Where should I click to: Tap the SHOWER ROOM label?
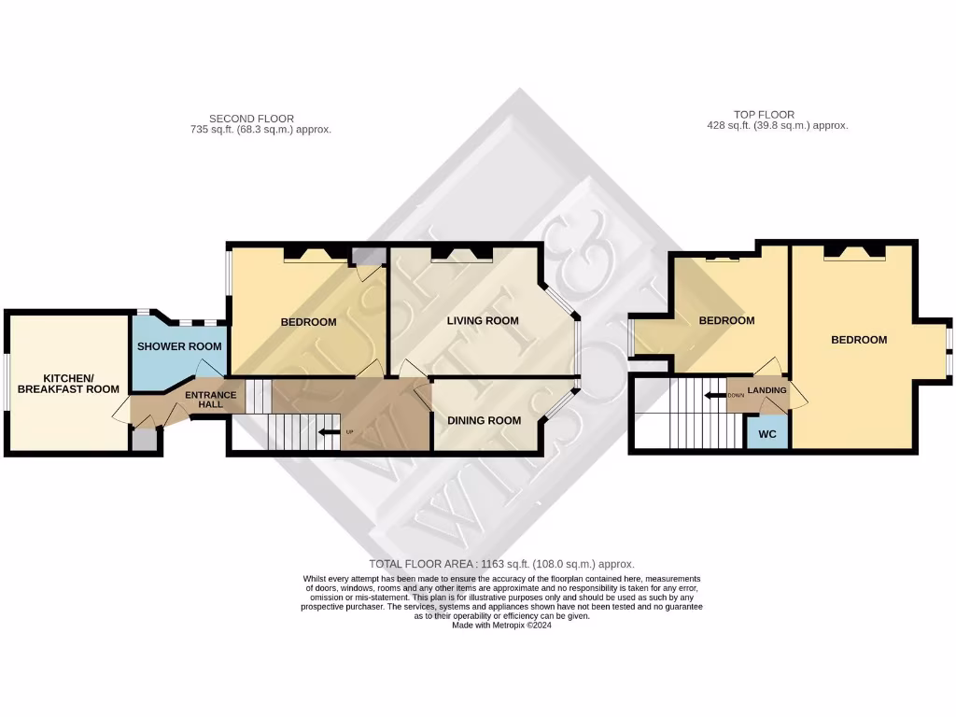point(179,346)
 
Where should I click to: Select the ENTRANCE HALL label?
point(211,400)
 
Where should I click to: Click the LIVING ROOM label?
point(482,321)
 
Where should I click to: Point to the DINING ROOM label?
point(484,420)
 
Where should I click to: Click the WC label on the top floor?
point(766,434)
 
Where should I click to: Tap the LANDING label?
point(766,390)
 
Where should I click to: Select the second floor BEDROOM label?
point(308,323)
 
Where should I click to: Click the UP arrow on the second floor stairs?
point(329,432)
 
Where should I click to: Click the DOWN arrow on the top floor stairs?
point(715,395)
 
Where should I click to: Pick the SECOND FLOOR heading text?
point(251,119)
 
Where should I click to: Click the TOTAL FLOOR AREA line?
point(501,564)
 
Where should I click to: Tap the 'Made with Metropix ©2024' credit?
point(501,626)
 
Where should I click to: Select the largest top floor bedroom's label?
point(859,340)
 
